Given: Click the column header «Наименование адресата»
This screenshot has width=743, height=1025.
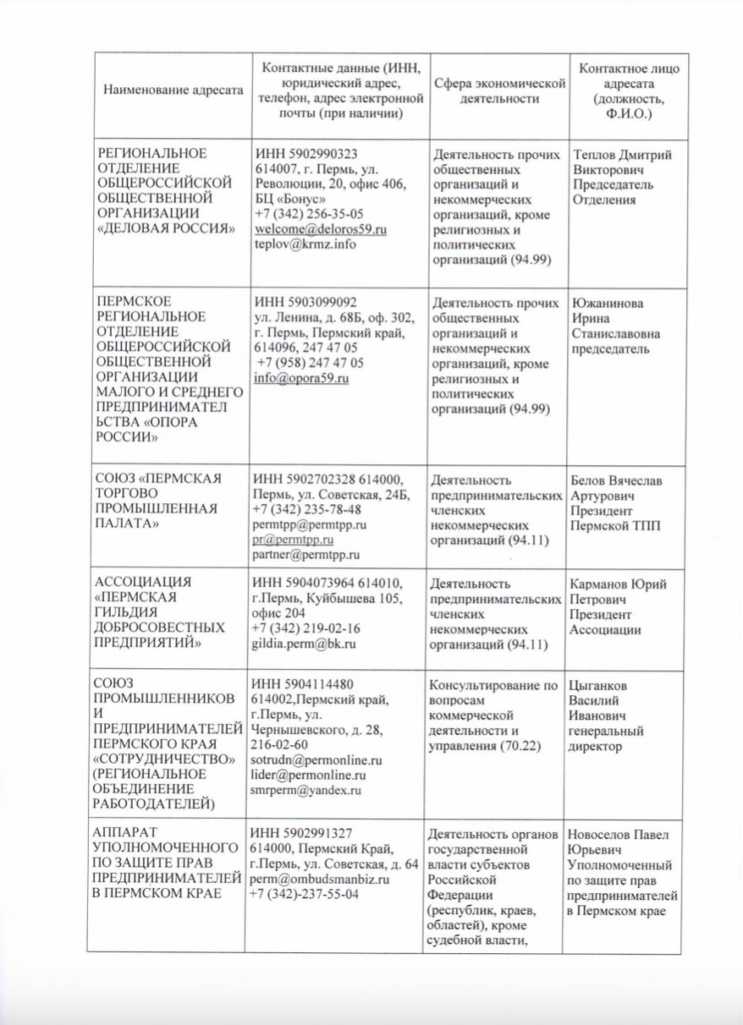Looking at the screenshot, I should tap(173, 90).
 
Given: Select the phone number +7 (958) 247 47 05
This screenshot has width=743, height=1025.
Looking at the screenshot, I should tap(311, 363).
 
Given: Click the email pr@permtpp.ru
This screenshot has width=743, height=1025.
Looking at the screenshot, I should tap(293, 540).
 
